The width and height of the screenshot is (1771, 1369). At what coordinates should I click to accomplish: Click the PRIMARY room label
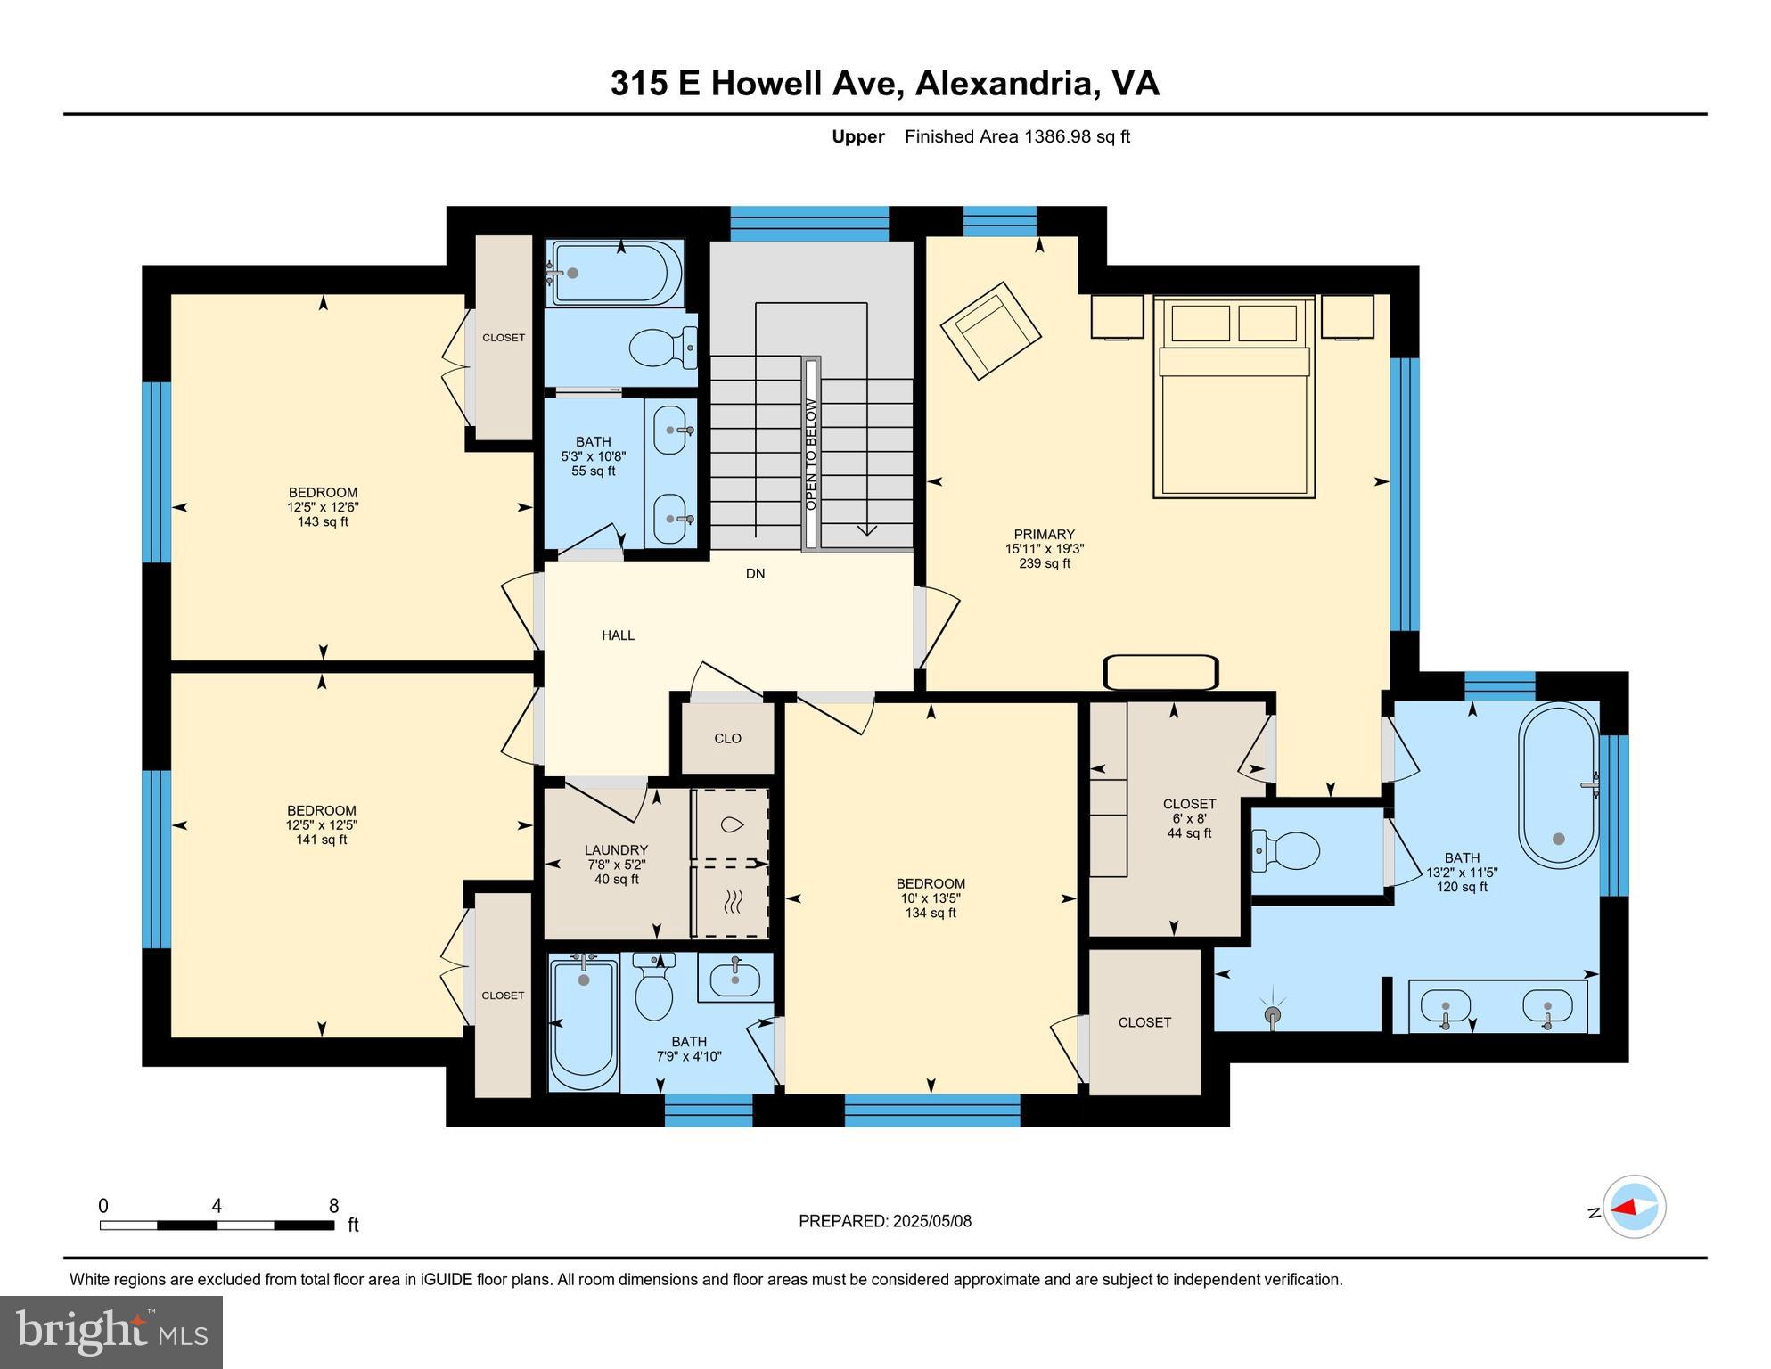point(1044,535)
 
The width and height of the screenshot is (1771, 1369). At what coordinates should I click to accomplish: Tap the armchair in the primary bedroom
point(990,331)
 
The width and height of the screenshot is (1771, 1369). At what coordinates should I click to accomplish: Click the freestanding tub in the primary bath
point(1559,785)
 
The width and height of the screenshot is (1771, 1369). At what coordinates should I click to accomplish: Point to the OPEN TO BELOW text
point(811,455)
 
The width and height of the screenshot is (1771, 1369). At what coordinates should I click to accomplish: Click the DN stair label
point(755,574)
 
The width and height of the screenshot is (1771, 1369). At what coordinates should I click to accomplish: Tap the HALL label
point(618,635)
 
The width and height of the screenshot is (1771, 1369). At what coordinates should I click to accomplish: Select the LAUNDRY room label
point(616,850)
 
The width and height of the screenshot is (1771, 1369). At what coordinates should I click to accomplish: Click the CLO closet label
point(727,738)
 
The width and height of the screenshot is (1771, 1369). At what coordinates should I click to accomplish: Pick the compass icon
point(1635,1207)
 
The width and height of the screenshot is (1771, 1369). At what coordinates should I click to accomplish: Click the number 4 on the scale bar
point(217,1206)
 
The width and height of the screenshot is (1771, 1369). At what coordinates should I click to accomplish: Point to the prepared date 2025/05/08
point(931,1221)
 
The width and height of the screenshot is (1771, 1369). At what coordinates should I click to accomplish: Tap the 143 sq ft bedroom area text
point(323,521)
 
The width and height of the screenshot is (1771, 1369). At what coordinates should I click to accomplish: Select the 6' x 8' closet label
point(1189,818)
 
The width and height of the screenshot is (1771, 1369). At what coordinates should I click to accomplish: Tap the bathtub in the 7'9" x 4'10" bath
point(584,1023)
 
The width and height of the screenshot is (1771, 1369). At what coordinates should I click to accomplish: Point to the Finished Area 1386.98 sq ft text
point(1017,136)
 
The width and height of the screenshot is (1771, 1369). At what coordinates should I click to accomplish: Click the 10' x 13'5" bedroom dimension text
point(931,898)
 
